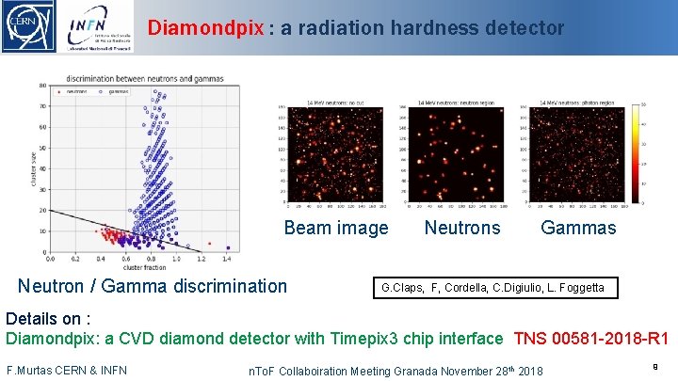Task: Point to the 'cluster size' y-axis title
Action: [x=34, y=168]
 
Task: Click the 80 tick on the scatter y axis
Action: [x=43, y=86]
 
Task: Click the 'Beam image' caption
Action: [x=335, y=228]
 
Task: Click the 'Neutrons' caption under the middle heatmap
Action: [x=462, y=228]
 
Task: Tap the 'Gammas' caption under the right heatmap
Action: [x=578, y=228]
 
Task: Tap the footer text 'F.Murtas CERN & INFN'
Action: [x=67, y=370]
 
